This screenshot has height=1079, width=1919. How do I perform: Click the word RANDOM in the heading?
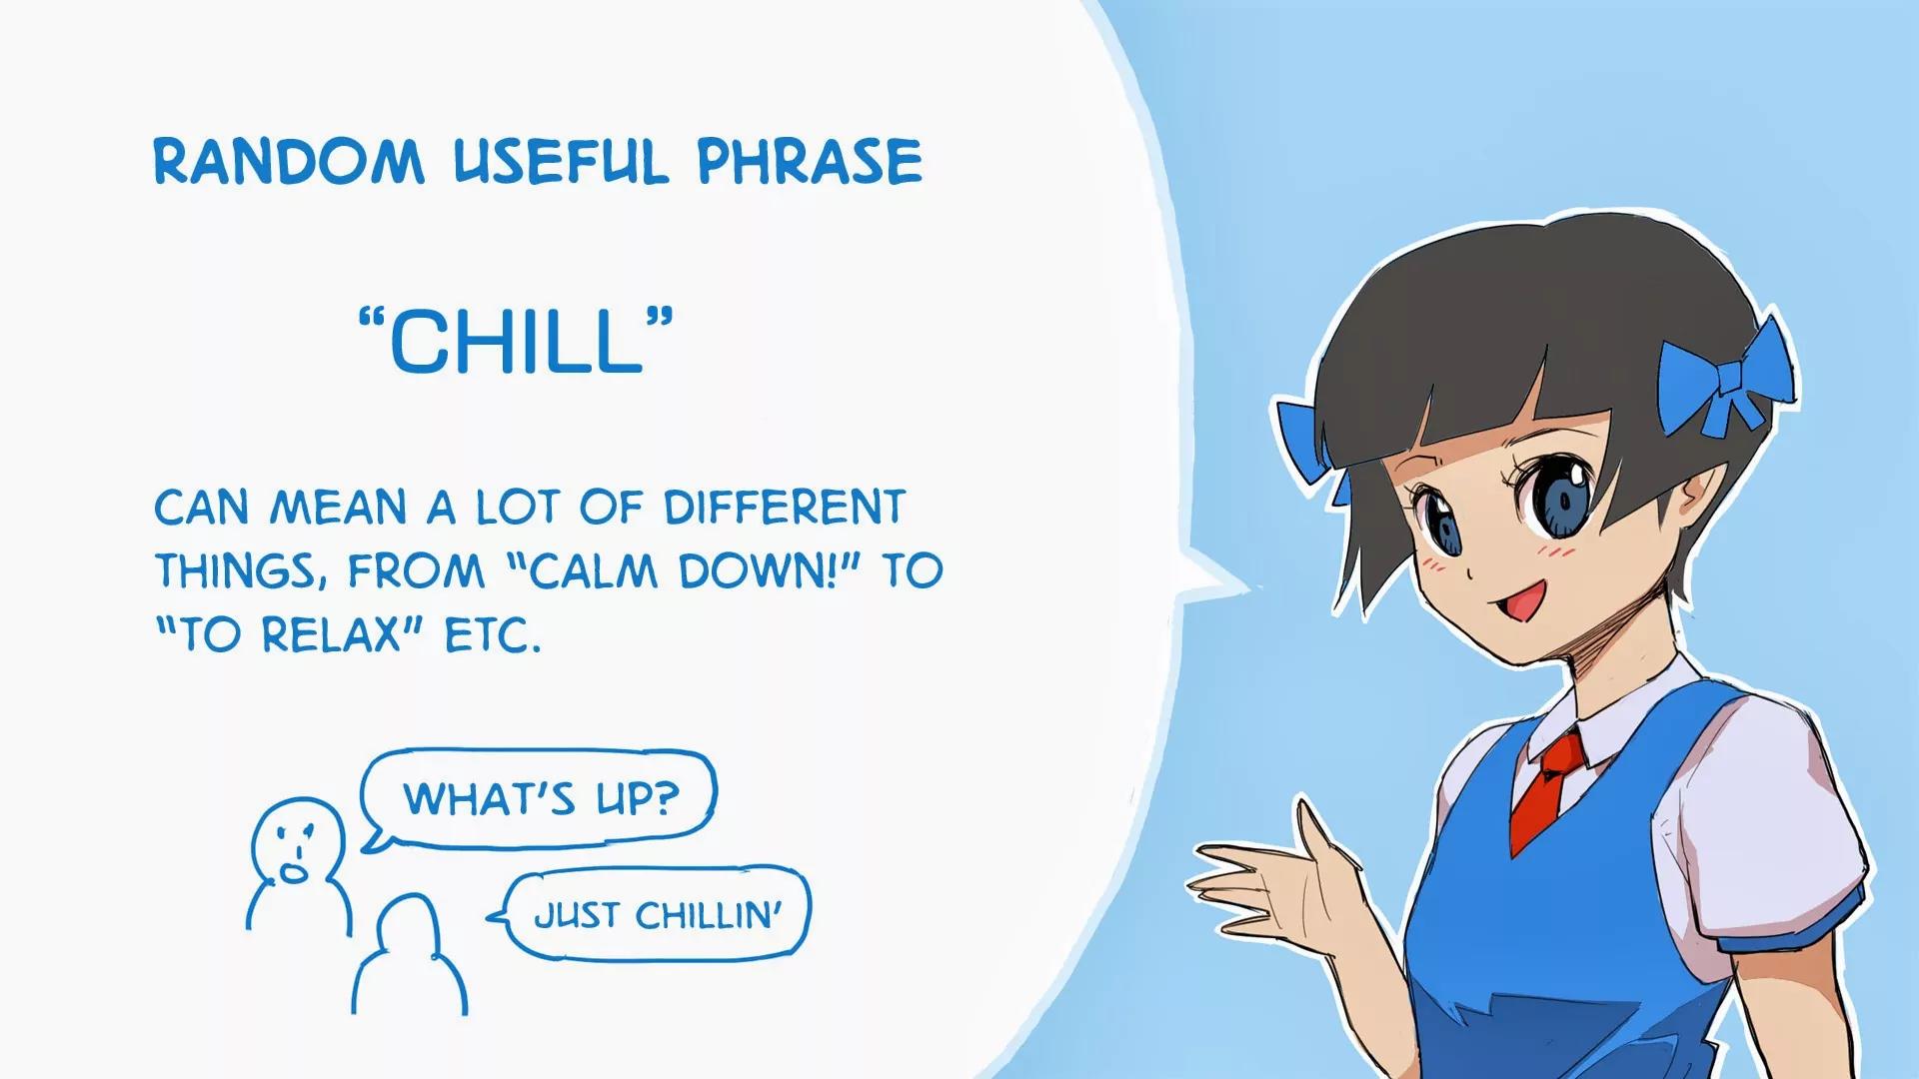tap(289, 161)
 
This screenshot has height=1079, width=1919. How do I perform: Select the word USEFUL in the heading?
tap(561, 161)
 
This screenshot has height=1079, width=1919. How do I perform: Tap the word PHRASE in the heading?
tap(810, 161)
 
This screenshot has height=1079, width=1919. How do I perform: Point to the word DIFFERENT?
tap(785, 508)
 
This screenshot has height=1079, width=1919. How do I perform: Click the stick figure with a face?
tap(298, 865)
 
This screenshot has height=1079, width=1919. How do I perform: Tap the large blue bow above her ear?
tap(1723, 376)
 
